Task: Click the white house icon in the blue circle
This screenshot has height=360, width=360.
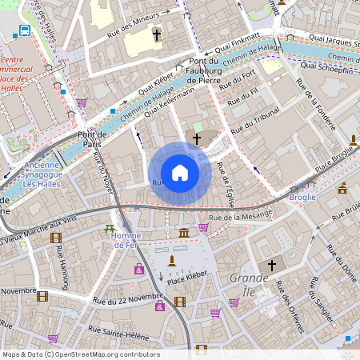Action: pyautogui.click(x=180, y=173)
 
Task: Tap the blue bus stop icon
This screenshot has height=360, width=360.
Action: pyautogui.click(x=25, y=31)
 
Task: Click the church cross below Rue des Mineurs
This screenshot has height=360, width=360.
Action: pyautogui.click(x=157, y=35)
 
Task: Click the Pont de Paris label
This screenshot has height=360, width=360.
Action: pyautogui.click(x=92, y=140)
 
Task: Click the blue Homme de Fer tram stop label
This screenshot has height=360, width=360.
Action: pyautogui.click(x=126, y=240)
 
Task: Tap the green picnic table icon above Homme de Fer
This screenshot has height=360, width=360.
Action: pyautogui.click(x=110, y=229)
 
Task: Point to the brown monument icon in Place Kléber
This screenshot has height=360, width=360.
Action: pyautogui.click(x=170, y=261)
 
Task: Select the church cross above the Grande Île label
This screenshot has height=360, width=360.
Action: pyautogui.click(x=271, y=265)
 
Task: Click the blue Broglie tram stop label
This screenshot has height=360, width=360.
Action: pyautogui.click(x=302, y=196)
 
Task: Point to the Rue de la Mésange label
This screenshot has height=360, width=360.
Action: pyautogui.click(x=239, y=214)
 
